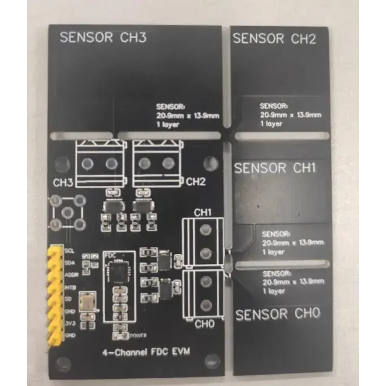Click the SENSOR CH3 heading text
pyautogui.click(x=102, y=38)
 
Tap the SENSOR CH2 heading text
pyautogui.click(x=275, y=39)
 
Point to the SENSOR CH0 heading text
pyautogui.click(x=277, y=315)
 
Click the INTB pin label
pyautogui.click(x=69, y=288)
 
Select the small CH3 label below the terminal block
pyautogui.click(x=63, y=183)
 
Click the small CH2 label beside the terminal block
pyautogui.click(x=196, y=182)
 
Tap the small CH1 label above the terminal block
pyautogui.click(x=203, y=212)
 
